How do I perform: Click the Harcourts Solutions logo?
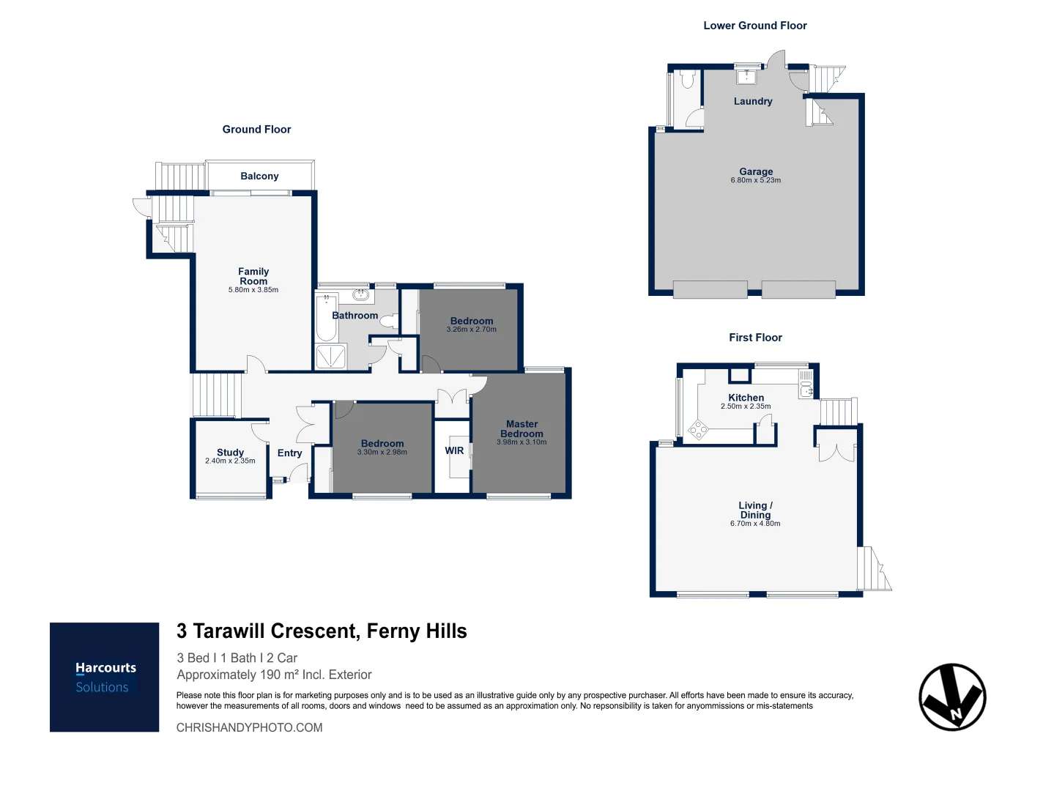(104, 677)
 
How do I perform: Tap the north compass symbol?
(952, 697)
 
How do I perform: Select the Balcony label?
(259, 177)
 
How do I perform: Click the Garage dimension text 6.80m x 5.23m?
(756, 180)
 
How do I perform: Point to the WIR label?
(454, 450)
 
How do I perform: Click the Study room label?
(230, 452)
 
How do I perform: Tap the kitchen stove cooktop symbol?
(698, 430)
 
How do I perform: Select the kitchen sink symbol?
(806, 384)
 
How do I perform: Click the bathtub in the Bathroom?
(326, 318)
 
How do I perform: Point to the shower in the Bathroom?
(330, 357)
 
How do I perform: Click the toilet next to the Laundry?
(688, 79)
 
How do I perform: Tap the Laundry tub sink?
(746, 77)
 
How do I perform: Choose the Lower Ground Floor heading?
(755, 26)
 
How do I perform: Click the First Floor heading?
(755, 338)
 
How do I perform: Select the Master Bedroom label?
(522, 428)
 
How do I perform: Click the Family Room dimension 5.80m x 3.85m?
(253, 290)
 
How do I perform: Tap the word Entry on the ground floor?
(289, 453)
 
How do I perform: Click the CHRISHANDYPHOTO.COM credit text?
(249, 727)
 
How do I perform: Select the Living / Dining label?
(755, 510)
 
